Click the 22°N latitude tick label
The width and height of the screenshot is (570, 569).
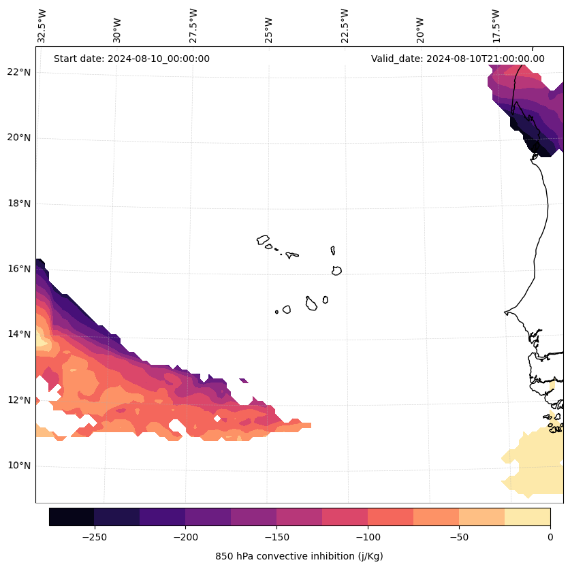[x=17, y=72]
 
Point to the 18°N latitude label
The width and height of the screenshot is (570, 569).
[x=17, y=204]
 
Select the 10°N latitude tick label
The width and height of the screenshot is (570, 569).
[x=17, y=466]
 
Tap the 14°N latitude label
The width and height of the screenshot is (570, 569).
[x=17, y=334]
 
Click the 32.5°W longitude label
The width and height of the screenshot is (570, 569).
[x=42, y=26]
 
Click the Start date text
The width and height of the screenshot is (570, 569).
[x=131, y=59]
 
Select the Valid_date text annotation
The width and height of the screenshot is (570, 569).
[x=458, y=59]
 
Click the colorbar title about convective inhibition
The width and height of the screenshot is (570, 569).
[x=299, y=556]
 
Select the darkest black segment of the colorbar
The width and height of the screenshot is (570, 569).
[x=72, y=517]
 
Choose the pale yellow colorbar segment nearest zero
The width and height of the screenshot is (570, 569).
[x=527, y=517]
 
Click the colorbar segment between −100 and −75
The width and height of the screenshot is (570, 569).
[x=390, y=517]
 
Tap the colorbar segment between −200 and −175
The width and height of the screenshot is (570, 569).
[x=208, y=517]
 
